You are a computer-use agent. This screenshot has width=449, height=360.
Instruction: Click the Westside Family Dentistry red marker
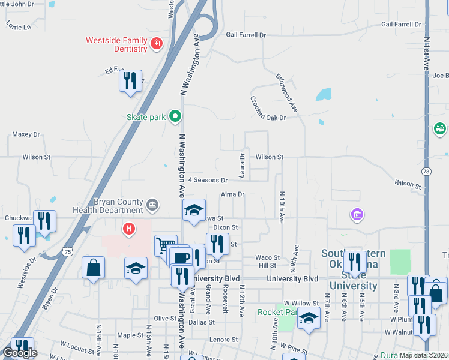[157, 43]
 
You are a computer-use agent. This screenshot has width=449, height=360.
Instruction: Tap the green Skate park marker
[175, 116]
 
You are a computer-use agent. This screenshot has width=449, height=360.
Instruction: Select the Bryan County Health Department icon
[152, 206]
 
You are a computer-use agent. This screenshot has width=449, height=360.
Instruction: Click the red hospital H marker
[128, 229]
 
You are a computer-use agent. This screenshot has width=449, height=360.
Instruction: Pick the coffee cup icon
[181, 257]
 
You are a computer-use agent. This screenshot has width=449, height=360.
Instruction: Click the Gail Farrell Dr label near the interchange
[246, 35]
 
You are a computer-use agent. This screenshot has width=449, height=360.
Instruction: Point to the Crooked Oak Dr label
[268, 109]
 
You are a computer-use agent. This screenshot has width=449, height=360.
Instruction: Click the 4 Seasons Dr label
[208, 180]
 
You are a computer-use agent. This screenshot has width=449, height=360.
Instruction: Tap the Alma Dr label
[233, 194]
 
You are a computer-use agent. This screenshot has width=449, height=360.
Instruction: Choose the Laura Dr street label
[242, 164]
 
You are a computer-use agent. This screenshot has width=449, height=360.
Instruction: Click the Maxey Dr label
[25, 134]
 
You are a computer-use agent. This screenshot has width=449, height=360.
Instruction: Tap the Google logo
[20, 353]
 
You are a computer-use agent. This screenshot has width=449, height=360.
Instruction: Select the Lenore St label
[223, 340]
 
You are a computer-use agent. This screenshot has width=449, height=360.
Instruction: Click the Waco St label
[268, 257]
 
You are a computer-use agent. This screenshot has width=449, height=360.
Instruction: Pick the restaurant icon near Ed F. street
[131, 80]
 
